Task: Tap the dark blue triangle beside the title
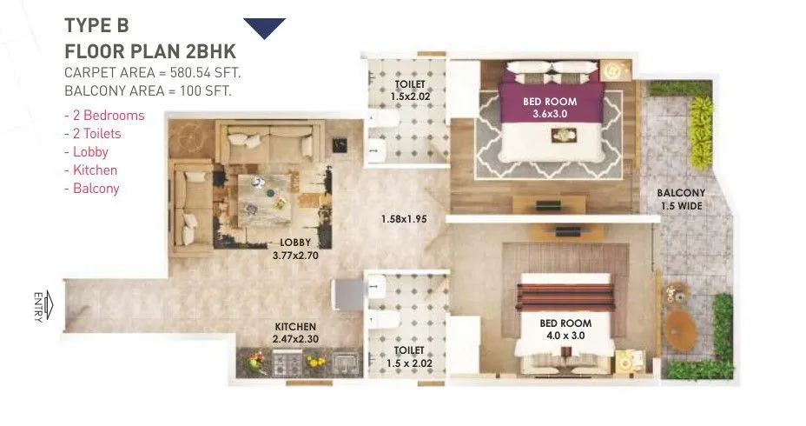coord(264,28)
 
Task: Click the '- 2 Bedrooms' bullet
coord(104,116)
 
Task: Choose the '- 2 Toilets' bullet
coord(93,134)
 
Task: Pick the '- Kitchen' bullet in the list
coord(90,170)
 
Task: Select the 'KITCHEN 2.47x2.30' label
coord(297,331)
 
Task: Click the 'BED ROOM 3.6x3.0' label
coord(549,107)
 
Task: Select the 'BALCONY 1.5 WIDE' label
coord(680,199)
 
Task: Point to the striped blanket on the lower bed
coord(565,296)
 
